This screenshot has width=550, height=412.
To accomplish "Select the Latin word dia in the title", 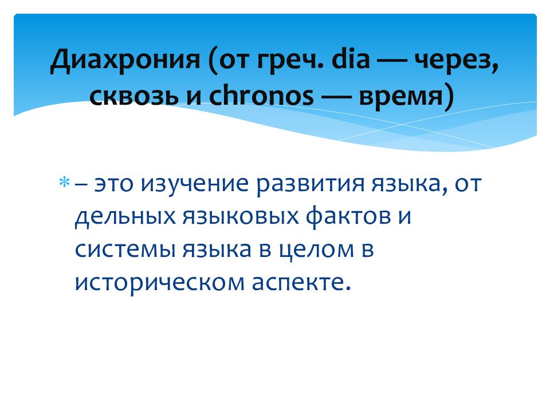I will (349, 60).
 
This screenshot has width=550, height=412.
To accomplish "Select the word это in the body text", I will (115, 184).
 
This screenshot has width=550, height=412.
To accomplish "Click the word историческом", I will (158, 282).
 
